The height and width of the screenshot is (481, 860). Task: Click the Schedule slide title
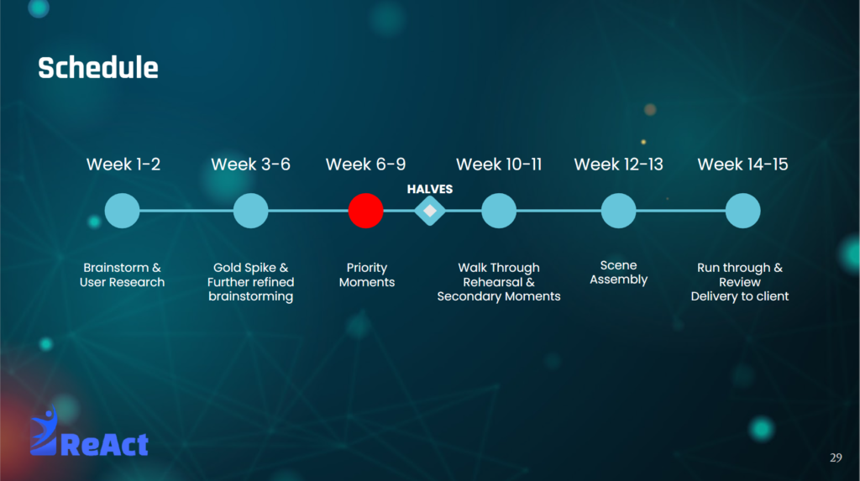[98, 68]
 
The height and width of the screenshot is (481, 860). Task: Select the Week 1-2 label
[123, 164]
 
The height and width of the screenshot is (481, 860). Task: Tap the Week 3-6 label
[250, 164]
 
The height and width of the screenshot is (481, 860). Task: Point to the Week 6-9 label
[366, 164]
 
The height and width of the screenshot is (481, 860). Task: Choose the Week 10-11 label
[499, 164]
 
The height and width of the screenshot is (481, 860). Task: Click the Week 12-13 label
[619, 164]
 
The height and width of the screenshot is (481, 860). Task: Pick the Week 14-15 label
[742, 164]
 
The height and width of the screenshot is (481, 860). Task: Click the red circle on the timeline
[366, 211]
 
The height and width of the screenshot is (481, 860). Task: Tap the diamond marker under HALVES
[430, 211]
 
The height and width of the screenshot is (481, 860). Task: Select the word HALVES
[430, 189]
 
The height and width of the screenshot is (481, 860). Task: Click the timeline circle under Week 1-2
[123, 211]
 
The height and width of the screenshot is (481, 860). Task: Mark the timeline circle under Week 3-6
[250, 211]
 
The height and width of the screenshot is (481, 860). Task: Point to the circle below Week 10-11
[499, 211]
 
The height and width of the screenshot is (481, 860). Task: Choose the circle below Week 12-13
[619, 211]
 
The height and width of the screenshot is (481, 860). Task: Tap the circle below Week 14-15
[742, 211]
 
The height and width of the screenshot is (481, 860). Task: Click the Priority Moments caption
[367, 274]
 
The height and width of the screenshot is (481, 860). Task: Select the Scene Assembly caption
[619, 273]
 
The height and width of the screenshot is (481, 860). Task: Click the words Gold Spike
[244, 268]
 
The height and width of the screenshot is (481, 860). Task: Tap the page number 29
[836, 457]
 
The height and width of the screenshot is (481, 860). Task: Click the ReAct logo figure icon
[44, 431]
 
